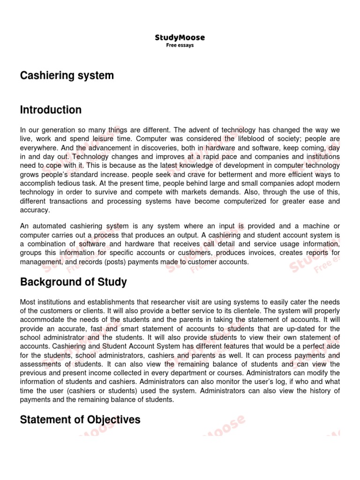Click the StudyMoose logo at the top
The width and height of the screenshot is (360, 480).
coord(180,37)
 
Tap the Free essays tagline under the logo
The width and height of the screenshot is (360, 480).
coord(180,45)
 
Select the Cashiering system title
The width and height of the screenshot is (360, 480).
coord(67,75)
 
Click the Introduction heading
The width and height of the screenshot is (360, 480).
coord(51,110)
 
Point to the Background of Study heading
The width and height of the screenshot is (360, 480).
coord(73,282)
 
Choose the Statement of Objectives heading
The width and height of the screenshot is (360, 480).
coord(80,407)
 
